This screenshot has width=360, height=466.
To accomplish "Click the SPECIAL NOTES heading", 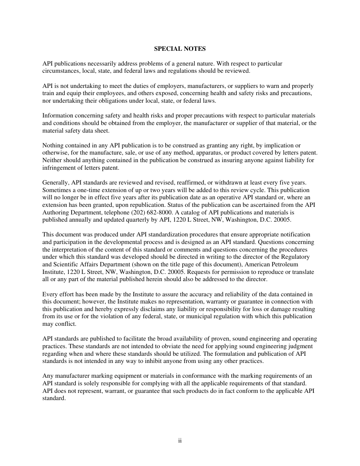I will (x=180, y=49).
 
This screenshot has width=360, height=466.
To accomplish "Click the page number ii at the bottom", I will (x=180, y=441).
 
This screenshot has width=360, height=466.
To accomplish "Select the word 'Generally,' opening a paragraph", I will (x=56, y=183).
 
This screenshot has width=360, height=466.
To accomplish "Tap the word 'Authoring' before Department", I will (x=55, y=212).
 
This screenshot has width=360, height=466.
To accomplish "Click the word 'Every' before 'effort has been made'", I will (x=50, y=294).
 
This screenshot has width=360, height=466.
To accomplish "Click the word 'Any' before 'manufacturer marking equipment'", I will (x=48, y=376).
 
